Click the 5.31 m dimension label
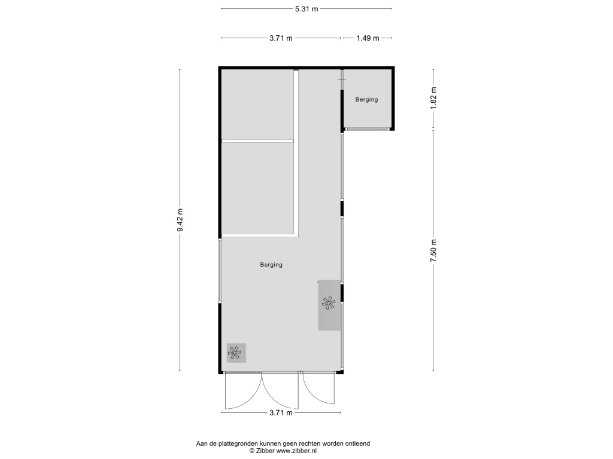click(x=306, y=8)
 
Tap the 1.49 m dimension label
click(x=368, y=38)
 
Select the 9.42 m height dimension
click(x=180, y=220)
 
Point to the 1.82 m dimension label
click(x=433, y=99)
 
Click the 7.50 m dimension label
click(x=433, y=250)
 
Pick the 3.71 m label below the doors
click(x=281, y=412)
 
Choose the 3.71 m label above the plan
click(x=281, y=38)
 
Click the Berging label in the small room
click(x=366, y=100)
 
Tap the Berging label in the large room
click(x=271, y=265)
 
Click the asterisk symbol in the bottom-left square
click(x=235, y=353)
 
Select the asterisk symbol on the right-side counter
click(x=329, y=303)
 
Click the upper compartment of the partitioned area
click(x=257, y=104)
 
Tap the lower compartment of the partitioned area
click(x=257, y=188)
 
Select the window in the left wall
click(x=220, y=271)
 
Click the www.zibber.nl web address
click(x=296, y=451)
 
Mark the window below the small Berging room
click(x=367, y=129)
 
